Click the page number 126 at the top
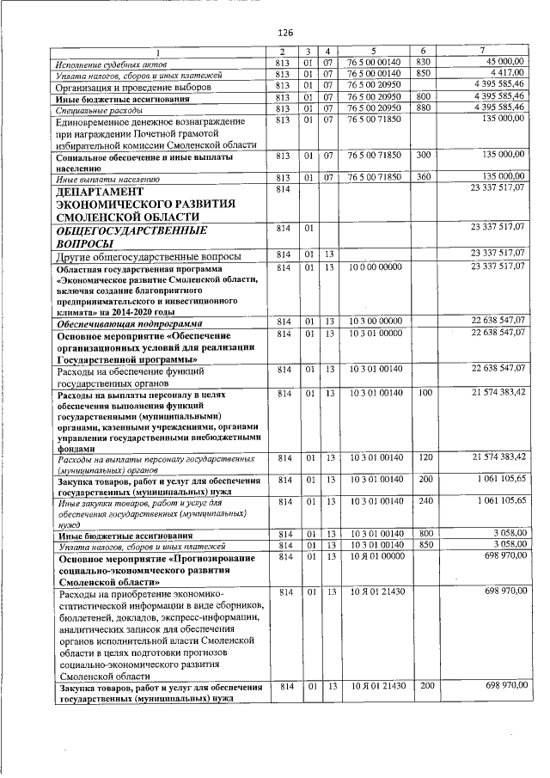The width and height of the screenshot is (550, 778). click(286, 33)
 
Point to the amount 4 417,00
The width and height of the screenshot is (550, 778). click(508, 74)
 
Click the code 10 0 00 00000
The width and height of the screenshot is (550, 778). click(375, 267)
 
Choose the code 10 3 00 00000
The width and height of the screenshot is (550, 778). click(375, 321)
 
